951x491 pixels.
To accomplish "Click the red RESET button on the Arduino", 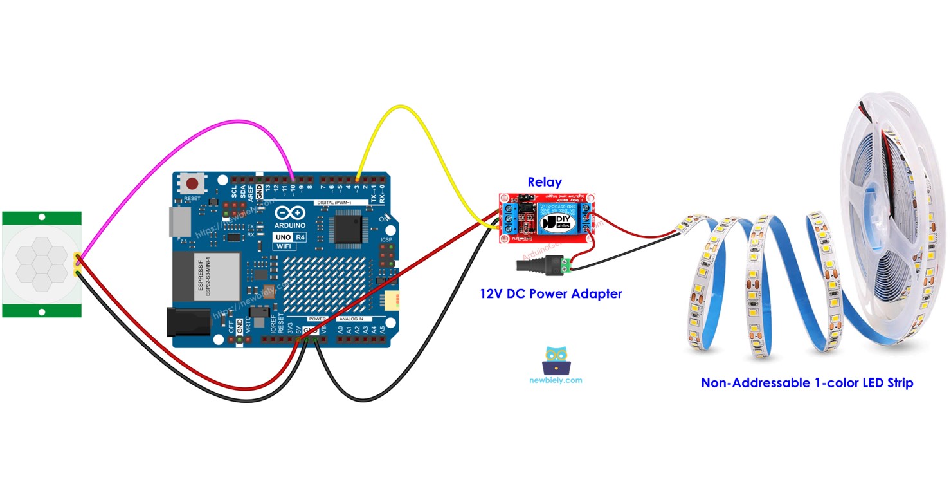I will click(x=192, y=183).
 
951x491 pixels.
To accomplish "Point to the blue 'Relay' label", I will click(x=544, y=182).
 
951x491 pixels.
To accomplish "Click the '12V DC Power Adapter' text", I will click(x=551, y=294).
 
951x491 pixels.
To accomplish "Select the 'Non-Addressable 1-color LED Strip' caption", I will click(x=806, y=383).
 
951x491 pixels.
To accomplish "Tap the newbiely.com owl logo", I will click(x=556, y=361).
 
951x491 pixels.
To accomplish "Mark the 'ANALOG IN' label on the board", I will click(x=352, y=319).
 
